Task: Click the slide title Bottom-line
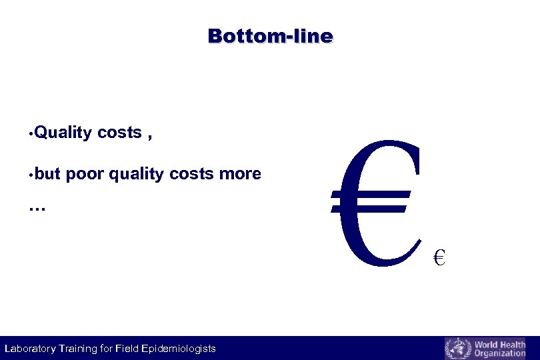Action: tap(270, 36)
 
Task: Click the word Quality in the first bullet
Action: tap(63, 133)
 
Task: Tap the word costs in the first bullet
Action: tap(119, 133)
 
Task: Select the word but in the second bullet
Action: tap(47, 175)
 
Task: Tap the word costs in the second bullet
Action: tap(192, 175)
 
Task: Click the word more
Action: tap(240, 175)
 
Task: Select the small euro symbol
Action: tap(439, 257)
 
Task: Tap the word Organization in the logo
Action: tap(499, 353)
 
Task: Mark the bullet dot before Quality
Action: tap(31, 133)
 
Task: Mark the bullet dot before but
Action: tap(31, 175)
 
